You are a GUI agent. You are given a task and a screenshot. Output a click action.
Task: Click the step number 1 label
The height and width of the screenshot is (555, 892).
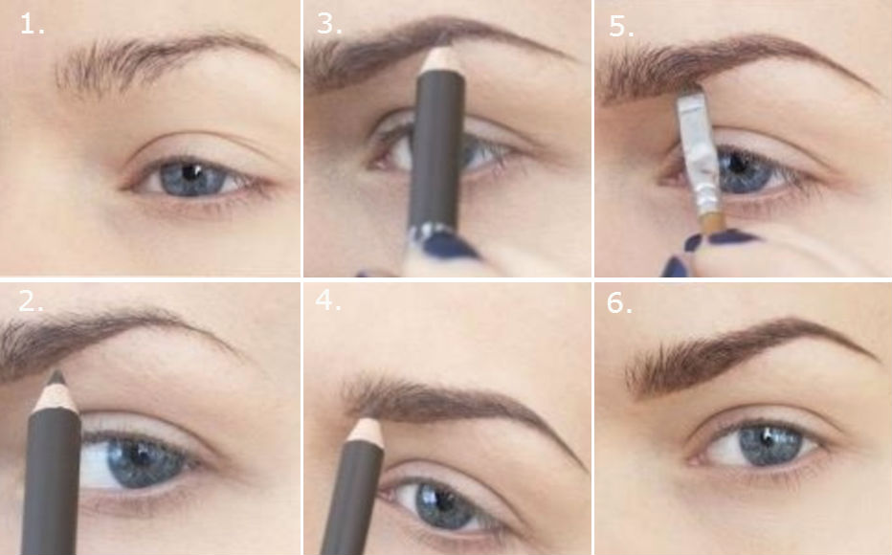tap(33, 25)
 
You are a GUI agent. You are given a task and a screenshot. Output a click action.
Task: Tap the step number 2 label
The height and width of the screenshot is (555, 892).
tap(32, 301)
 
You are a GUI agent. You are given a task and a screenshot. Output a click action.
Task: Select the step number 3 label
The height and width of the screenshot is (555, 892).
tap(329, 25)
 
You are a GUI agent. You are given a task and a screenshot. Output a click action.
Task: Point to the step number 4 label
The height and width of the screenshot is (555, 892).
tap(328, 301)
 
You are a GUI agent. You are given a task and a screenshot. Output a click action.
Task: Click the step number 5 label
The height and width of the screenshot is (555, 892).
tap(621, 26)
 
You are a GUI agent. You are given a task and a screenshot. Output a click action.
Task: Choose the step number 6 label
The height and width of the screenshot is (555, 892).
tap(620, 303)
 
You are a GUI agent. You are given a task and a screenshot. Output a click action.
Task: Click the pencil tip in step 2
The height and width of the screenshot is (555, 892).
tap(56, 378)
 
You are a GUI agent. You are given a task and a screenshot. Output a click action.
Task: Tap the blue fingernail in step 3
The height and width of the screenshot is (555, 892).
tap(447, 247)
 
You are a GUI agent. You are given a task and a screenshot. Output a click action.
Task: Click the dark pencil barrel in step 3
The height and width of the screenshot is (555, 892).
tap(438, 144)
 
